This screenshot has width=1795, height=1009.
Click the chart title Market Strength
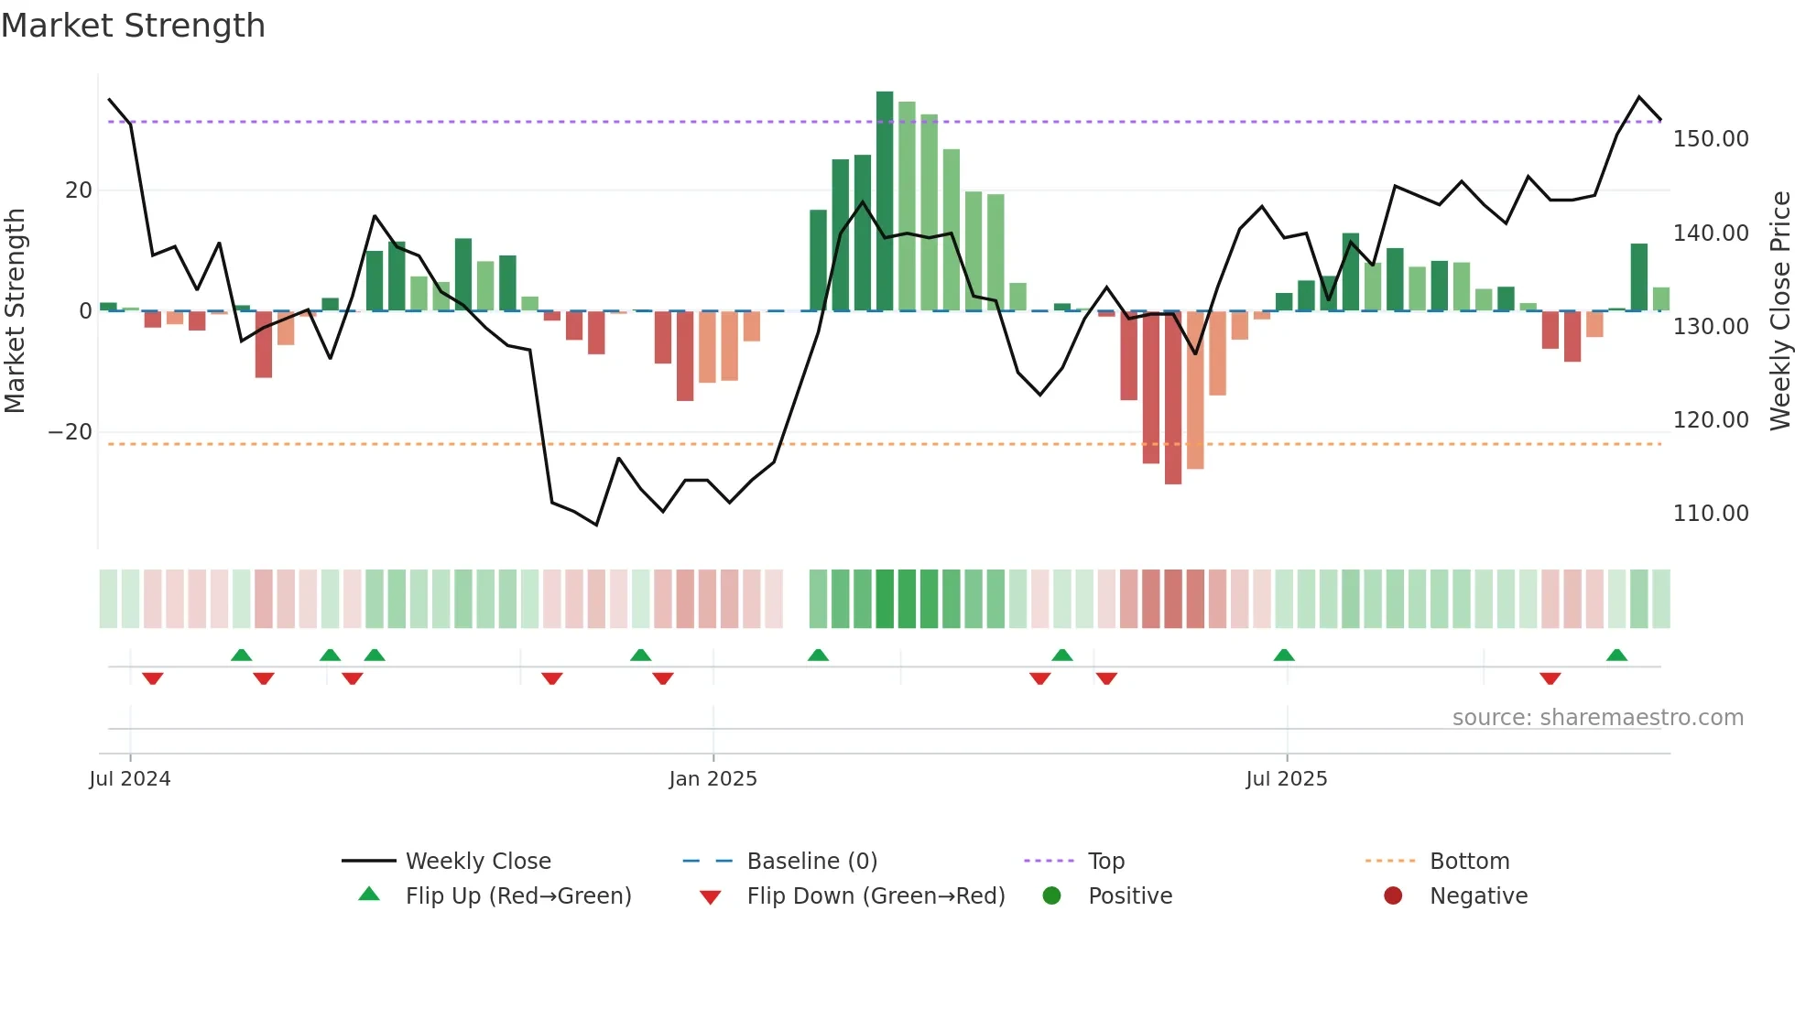(x=134, y=26)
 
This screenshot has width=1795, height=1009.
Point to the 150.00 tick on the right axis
(x=1710, y=139)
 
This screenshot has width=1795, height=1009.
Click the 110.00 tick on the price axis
(x=1710, y=514)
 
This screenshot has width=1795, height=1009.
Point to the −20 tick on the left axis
(x=71, y=432)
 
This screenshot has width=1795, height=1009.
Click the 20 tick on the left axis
(x=79, y=190)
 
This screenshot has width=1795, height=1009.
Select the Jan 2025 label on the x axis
(x=713, y=779)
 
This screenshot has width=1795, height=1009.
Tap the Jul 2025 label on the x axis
(x=1286, y=779)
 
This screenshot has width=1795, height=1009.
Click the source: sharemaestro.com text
(x=1597, y=718)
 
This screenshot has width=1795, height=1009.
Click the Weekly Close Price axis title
(x=1779, y=311)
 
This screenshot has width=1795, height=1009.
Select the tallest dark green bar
(x=885, y=201)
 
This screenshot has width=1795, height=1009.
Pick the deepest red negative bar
(x=1173, y=398)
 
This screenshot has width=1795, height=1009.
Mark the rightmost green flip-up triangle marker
(x=1616, y=655)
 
